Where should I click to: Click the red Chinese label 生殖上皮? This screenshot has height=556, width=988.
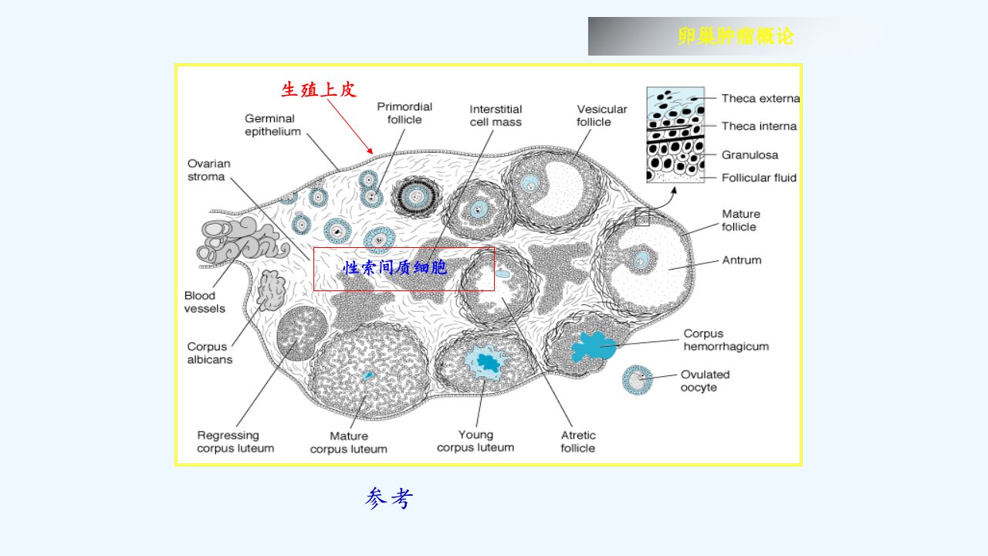point(319,90)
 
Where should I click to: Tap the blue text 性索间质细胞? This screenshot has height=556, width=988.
point(394,267)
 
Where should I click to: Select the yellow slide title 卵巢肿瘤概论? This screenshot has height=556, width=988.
point(736,36)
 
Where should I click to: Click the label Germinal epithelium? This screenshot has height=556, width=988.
point(272,125)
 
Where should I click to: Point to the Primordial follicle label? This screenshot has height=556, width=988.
point(404,113)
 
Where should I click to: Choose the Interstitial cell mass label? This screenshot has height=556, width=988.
point(496,116)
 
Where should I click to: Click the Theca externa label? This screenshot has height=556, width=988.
point(760,98)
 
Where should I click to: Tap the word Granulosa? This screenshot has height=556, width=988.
point(749,155)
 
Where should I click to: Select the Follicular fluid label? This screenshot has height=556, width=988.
point(759,178)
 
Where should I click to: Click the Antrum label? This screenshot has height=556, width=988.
point(742,260)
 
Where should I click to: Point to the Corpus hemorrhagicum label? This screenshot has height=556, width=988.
point(726,340)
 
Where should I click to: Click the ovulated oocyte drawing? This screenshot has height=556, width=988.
point(638,380)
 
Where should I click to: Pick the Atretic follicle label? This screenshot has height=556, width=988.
point(578,441)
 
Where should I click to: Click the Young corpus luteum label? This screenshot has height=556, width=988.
point(475,441)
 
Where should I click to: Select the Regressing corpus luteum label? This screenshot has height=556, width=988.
point(235,441)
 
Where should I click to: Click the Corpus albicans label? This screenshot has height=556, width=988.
point(209,353)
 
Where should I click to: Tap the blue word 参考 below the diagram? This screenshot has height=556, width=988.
point(389,498)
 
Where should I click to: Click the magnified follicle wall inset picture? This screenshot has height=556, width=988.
point(675,134)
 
